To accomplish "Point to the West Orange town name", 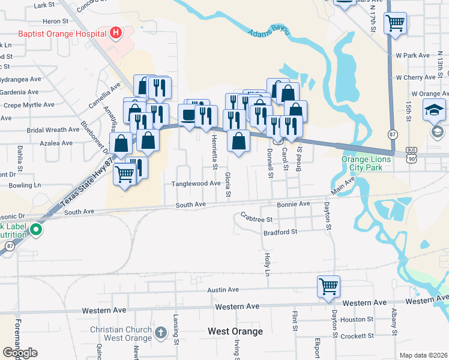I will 235,331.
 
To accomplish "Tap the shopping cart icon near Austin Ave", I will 328,286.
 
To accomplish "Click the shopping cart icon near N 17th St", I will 396,23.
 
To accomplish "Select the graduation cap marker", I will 434,110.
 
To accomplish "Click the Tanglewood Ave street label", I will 197,184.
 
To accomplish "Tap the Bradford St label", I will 280,232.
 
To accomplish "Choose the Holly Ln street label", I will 267,264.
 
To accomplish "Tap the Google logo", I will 20,353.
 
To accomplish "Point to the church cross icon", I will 160,332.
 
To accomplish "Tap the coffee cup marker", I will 189,115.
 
